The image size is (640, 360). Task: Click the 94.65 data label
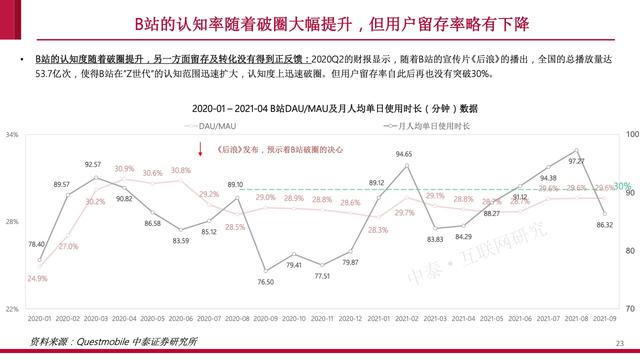click(404, 154)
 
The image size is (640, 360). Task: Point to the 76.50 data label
click(265, 283)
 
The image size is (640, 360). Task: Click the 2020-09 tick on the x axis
click(265, 319)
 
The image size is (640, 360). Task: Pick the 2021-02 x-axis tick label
click(405, 319)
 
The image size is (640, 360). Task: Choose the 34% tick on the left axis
click(12, 134)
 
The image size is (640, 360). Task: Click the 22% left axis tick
click(12, 308)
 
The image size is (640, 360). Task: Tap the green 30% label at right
click(621, 187)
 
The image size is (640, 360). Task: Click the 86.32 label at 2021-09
click(604, 226)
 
